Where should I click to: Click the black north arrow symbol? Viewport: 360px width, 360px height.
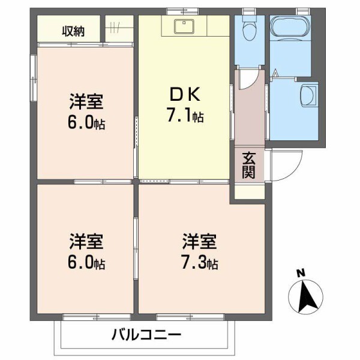308,297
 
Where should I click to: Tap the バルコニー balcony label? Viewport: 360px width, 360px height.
145,335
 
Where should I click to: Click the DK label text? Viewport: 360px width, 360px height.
184,94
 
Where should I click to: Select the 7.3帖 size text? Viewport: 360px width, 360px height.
199,263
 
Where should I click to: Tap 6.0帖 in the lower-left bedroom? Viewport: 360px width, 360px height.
86,263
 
